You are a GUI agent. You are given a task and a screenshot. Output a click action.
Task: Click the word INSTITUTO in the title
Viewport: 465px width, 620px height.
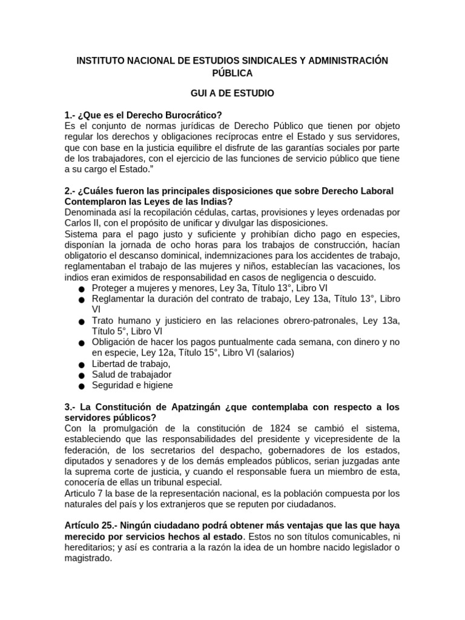pos(99,61)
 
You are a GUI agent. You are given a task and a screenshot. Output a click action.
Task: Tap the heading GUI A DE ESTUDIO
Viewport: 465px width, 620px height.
pos(232,93)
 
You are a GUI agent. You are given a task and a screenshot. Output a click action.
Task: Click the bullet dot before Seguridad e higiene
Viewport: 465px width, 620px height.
pos(81,386)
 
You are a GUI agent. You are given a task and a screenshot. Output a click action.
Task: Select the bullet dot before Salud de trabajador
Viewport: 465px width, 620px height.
pos(81,375)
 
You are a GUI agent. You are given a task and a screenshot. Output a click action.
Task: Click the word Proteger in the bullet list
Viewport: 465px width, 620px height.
pos(110,288)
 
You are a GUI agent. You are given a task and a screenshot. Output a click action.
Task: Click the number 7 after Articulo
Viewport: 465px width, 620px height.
pos(98,494)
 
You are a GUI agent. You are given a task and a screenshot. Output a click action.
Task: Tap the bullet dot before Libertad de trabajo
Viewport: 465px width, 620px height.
pos(81,364)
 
